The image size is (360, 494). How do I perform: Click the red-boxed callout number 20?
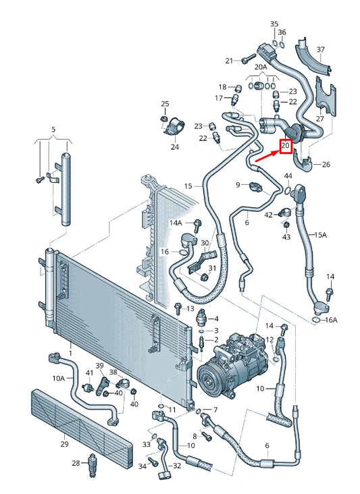pyautogui.click(x=285, y=146)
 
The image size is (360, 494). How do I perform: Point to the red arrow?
pyautogui.click(x=267, y=157)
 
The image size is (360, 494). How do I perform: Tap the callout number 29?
pyautogui.click(x=64, y=444)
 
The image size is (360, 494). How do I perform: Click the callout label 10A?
pyautogui.click(x=59, y=378)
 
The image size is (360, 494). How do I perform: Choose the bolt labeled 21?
pyautogui.click(x=249, y=59)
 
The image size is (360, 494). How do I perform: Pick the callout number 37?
pyautogui.click(x=321, y=49)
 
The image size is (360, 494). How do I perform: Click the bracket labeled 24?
pyautogui.click(x=174, y=127)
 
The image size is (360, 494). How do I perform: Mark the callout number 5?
pyautogui.click(x=53, y=129)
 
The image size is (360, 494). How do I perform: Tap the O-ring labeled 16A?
pyautogui.click(x=315, y=321)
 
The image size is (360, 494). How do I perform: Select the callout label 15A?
pyautogui.click(x=321, y=235)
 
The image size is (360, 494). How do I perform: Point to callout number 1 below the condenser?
pyautogui.click(x=70, y=353)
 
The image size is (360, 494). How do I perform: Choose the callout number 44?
pyautogui.click(x=288, y=175)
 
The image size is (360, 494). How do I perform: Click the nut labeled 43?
pyautogui.click(x=286, y=225)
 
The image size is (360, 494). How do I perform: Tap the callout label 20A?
pyautogui.click(x=261, y=67)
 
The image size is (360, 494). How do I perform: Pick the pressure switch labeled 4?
pyautogui.click(x=201, y=318)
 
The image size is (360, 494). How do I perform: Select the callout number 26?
pyautogui.click(x=326, y=164)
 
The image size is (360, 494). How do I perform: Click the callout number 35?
pyautogui.click(x=274, y=24)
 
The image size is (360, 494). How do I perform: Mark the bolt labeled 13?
pyautogui.click(x=178, y=308)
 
